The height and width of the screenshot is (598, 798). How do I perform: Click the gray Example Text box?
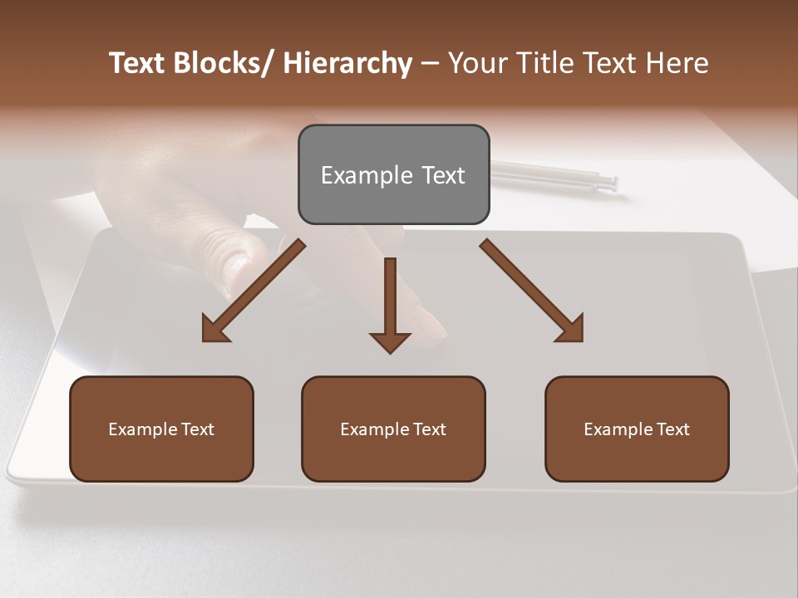[x=393, y=174]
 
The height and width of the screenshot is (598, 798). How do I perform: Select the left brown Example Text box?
[x=161, y=429]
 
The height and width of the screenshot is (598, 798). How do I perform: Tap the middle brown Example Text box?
[x=393, y=429]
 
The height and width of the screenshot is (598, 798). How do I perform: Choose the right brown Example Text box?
[x=637, y=429]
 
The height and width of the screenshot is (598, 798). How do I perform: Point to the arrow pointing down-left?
[x=254, y=291]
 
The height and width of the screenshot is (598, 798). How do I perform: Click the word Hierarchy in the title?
[x=347, y=63]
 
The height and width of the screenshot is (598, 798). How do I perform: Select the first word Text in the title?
[x=139, y=63]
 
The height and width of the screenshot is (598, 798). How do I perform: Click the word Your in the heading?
[x=478, y=63]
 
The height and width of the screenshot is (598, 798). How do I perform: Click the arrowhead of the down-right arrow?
[x=570, y=329]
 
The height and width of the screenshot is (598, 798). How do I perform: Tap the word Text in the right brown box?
[x=672, y=429]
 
